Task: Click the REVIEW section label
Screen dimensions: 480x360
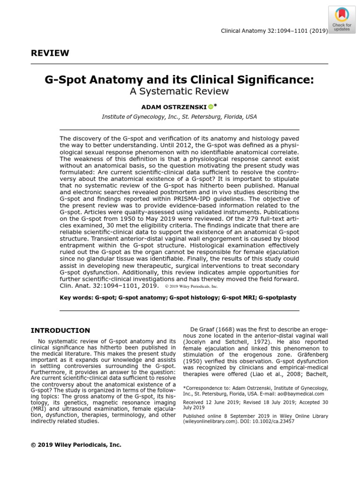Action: [50, 53]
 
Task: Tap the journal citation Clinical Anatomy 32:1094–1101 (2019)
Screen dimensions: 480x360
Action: [274, 31]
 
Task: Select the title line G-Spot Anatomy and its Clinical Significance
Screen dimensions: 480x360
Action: [180, 80]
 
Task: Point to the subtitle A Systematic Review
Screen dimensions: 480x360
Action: [180, 91]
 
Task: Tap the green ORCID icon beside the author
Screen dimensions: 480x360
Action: [210, 107]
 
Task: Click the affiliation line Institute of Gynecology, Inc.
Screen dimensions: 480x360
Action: [180, 117]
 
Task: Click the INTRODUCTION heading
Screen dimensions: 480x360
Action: [60, 330]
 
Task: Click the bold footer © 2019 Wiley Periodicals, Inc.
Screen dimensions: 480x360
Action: [76, 444]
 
